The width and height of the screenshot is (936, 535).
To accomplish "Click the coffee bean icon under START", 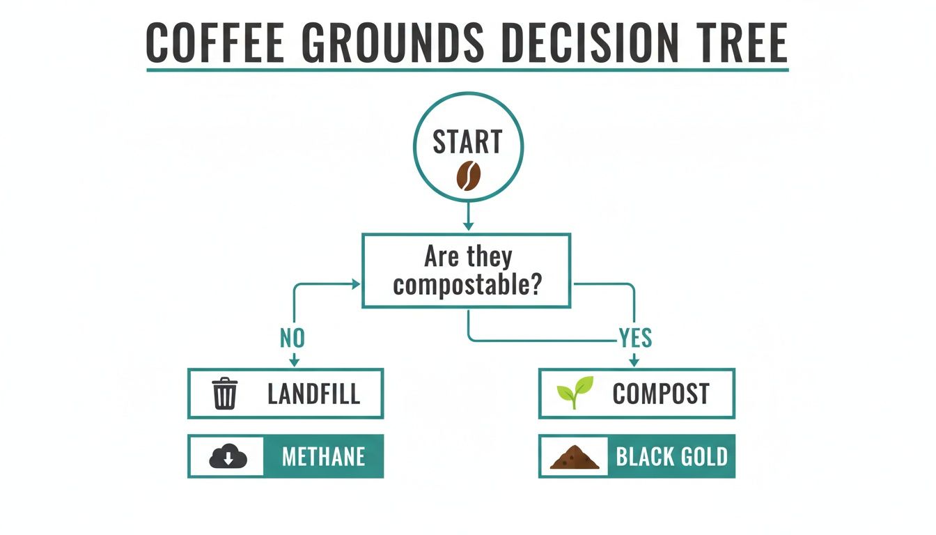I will click(x=468, y=176).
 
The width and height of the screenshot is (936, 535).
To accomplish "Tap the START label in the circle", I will click(x=467, y=142).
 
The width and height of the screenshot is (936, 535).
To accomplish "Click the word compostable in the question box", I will click(x=467, y=286).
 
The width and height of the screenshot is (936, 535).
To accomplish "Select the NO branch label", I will click(x=292, y=339).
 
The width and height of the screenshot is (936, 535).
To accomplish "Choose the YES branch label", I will click(x=635, y=339).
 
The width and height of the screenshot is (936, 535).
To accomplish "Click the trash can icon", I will click(x=225, y=394).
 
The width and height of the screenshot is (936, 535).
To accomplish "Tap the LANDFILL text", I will click(x=313, y=394).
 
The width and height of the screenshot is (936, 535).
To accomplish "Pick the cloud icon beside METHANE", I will click(x=228, y=457).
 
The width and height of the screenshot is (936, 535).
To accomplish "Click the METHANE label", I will click(x=323, y=457).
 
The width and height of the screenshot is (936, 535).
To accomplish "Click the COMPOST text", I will click(x=660, y=394).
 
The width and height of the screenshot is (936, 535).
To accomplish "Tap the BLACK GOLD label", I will click(x=671, y=457).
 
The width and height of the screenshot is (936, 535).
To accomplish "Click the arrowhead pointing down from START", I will click(x=468, y=226).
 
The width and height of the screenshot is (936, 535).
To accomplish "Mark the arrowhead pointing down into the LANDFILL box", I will click(x=294, y=361).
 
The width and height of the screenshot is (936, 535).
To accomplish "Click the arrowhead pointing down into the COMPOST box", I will click(x=634, y=361).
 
